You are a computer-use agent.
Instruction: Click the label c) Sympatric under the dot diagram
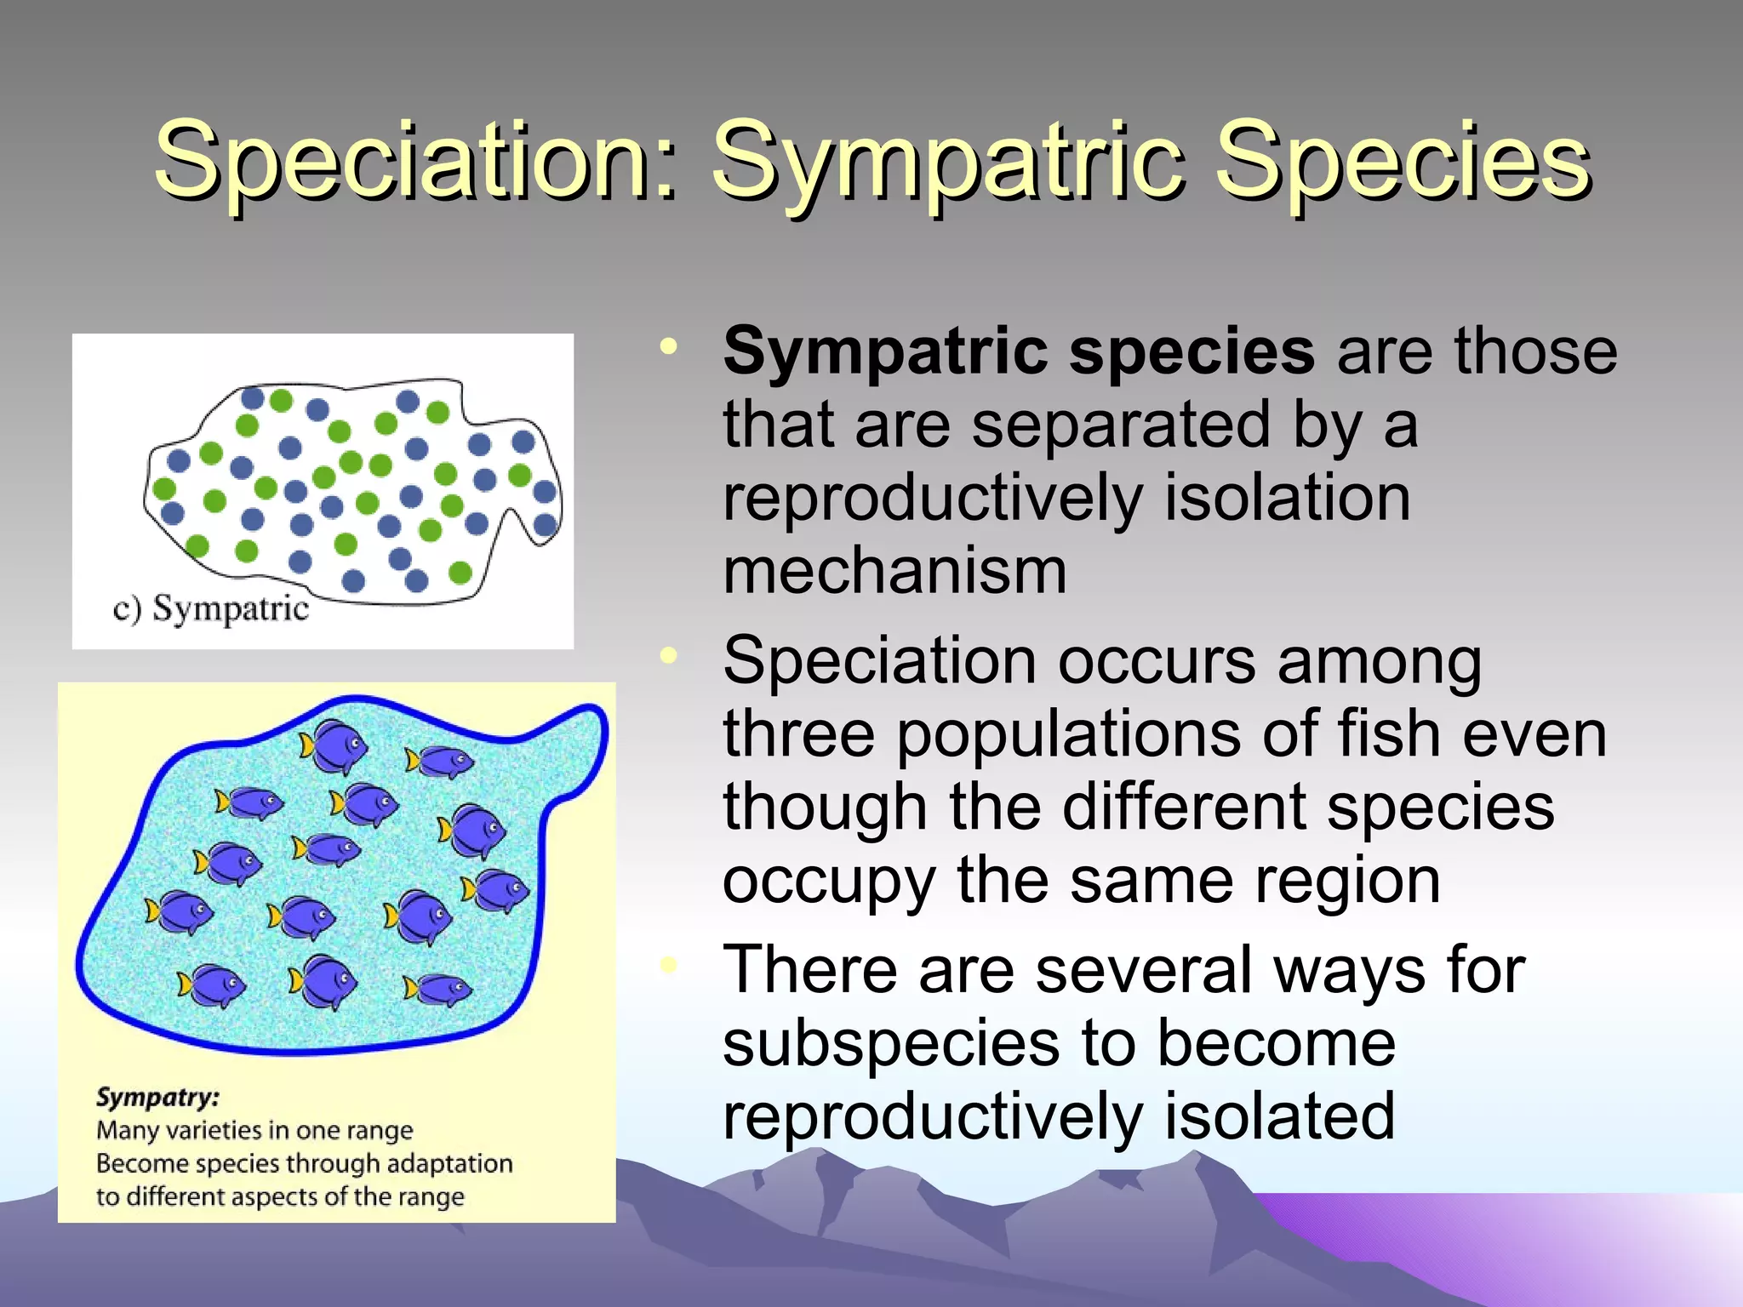pyautogui.click(x=210, y=609)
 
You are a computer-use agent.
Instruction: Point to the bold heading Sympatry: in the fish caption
pyautogui.click(x=157, y=1097)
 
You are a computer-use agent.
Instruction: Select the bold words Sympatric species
pyautogui.click(x=1018, y=351)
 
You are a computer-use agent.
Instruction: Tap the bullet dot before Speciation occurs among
pyautogui.click(x=669, y=655)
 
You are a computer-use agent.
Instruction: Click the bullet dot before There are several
pyautogui.click(x=669, y=964)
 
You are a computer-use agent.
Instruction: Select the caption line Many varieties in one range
pyautogui.click(x=254, y=1131)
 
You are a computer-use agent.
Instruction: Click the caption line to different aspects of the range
pyautogui.click(x=280, y=1196)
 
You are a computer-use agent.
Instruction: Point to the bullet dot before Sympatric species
pyautogui.click(x=669, y=346)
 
